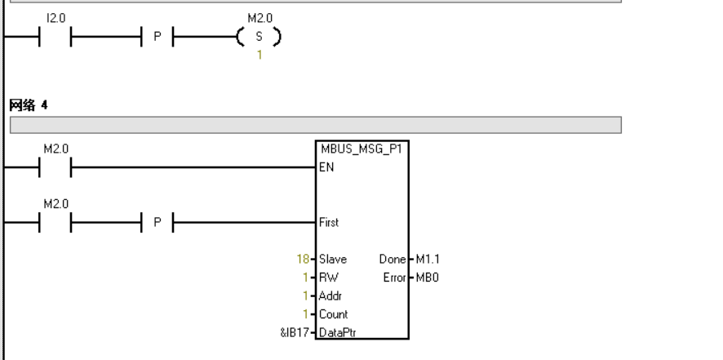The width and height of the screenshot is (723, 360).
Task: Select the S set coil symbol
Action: [x=257, y=38]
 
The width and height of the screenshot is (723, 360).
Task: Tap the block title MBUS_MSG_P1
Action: [x=361, y=148]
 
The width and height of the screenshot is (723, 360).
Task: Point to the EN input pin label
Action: [x=326, y=167]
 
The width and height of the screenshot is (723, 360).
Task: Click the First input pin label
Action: [x=328, y=221]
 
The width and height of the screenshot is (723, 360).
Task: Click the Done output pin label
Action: [x=391, y=259]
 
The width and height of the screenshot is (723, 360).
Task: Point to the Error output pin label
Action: [x=393, y=277]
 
